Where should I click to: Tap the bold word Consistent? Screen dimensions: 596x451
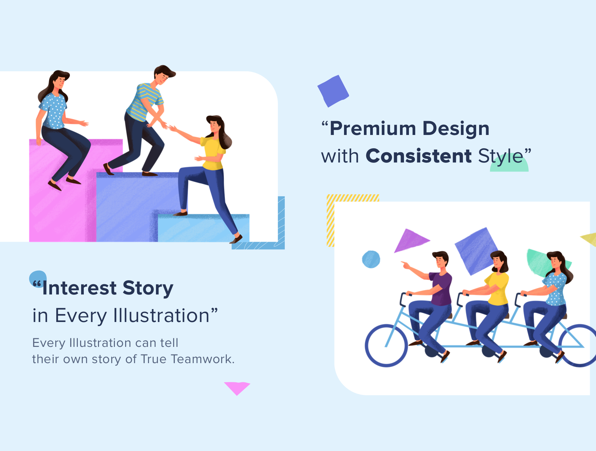coord(419,156)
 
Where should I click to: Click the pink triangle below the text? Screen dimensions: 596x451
coord(237,387)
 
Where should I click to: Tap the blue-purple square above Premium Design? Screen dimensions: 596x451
coord(333,91)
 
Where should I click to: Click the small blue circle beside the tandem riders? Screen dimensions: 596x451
coord(371,259)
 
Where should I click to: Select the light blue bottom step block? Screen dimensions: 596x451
coord(203,228)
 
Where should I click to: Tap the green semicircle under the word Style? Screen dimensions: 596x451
coord(509,166)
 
